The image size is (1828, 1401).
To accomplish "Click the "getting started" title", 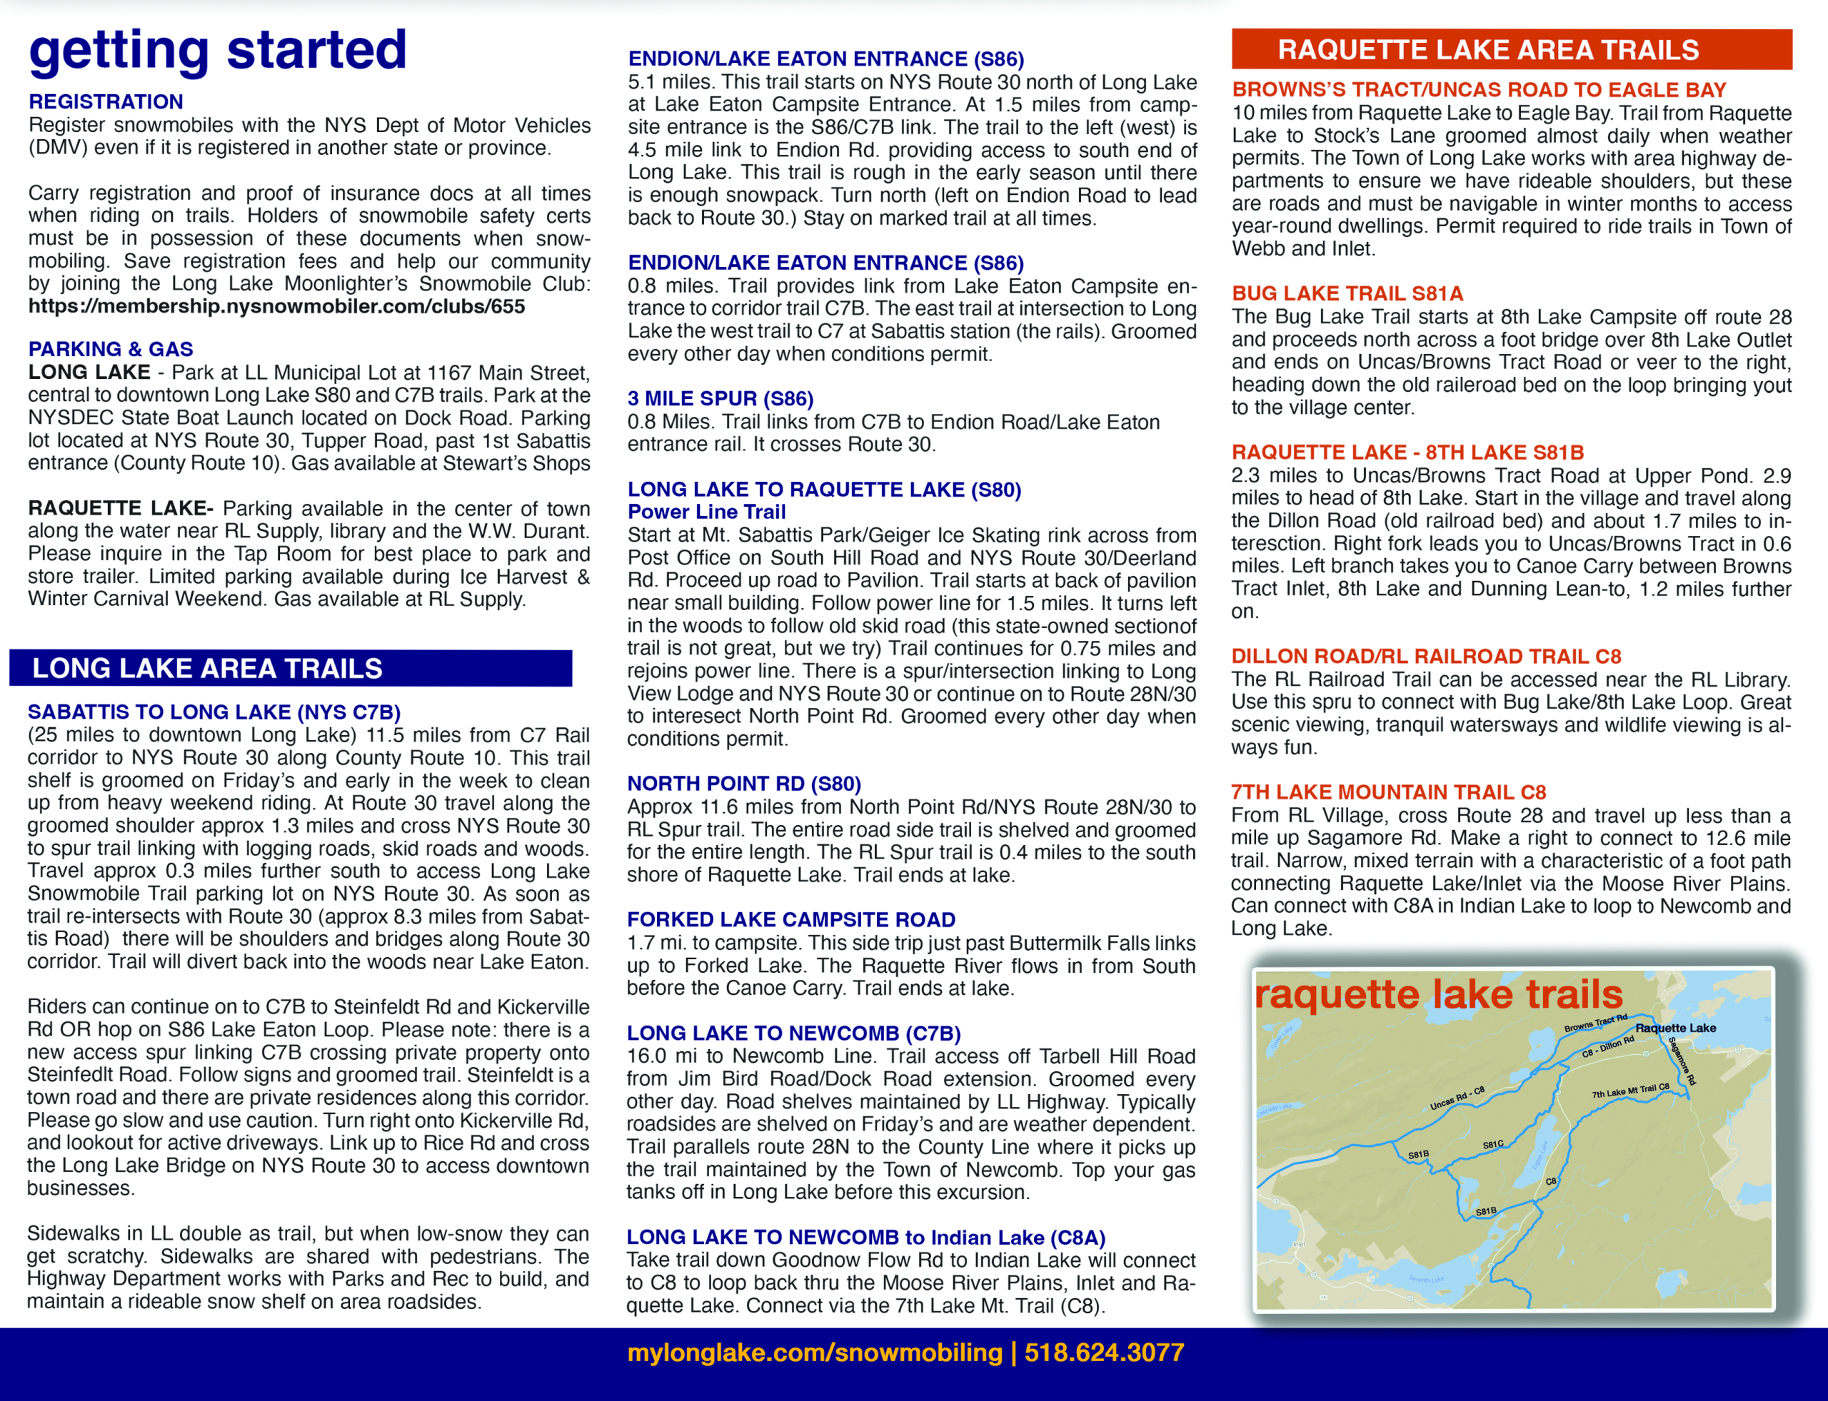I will (x=218, y=50).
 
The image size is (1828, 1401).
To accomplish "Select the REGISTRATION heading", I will (x=106, y=102).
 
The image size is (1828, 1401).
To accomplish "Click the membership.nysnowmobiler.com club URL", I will (x=276, y=306).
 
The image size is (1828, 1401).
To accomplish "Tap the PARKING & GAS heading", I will (x=111, y=348).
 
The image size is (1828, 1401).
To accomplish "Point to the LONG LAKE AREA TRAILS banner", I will (x=291, y=668).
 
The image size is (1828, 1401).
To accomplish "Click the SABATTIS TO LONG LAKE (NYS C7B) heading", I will (x=214, y=712).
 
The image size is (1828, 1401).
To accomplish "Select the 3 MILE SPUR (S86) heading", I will (x=720, y=399).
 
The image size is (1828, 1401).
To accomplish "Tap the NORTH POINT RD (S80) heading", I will (x=743, y=783).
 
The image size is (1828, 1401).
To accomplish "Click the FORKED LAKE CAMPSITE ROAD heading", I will (x=791, y=919).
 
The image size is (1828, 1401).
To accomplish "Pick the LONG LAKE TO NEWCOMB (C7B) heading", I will (x=793, y=1033).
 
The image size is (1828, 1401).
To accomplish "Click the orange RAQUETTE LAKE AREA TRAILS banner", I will (x=1512, y=50).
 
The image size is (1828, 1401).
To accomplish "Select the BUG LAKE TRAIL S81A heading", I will (x=1347, y=293).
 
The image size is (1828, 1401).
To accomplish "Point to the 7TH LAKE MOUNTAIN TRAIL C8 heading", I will (x=1388, y=791).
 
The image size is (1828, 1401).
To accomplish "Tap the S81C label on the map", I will (x=1493, y=1144).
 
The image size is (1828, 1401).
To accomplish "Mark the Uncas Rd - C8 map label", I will (x=1457, y=1098).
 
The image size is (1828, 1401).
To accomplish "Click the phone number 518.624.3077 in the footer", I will (x=1104, y=1352).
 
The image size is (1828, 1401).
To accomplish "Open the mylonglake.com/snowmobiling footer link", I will (x=814, y=1352).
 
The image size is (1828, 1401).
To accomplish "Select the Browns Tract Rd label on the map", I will (x=1595, y=1023).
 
